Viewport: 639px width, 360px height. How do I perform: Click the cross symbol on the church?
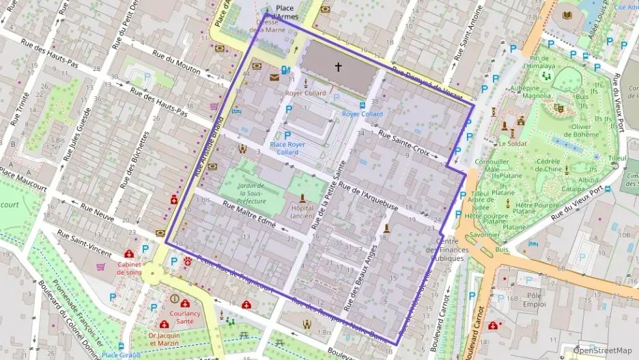[337, 67]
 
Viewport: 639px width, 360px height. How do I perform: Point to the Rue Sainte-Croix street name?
[404, 144]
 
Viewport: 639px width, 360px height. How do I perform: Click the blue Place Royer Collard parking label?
[287, 148]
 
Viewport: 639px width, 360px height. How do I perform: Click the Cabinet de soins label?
[129, 268]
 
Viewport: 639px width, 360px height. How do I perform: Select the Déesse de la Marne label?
[268, 25]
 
